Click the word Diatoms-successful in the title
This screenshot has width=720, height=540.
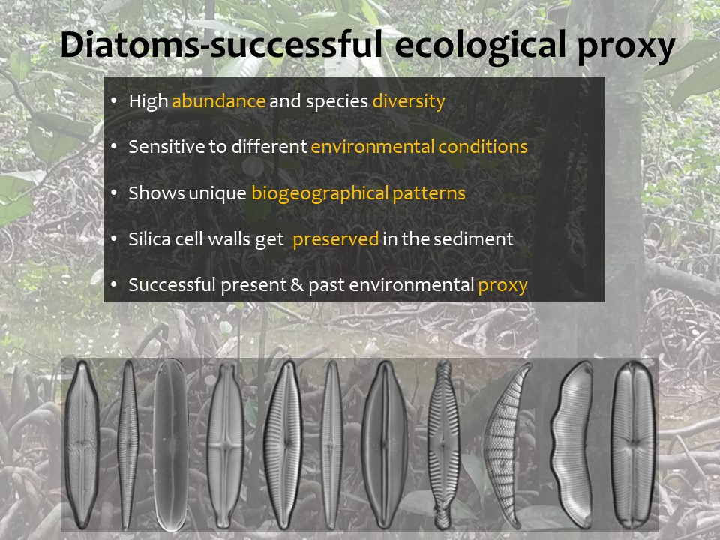221,44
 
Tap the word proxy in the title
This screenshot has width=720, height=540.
625,47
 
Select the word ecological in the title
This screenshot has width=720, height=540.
480,46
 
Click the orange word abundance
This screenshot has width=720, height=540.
218,101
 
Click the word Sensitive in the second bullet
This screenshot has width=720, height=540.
166,147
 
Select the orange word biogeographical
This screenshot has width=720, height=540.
320,193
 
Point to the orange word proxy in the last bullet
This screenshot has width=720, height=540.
502,286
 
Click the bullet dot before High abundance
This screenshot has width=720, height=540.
114,101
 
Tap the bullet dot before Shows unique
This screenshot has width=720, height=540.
114,193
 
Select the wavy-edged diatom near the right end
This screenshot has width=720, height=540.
571,444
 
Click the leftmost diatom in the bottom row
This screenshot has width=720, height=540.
82,444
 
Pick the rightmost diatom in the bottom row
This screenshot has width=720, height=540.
634,444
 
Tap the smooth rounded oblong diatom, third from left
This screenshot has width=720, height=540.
170,445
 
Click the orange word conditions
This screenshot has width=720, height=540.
482,147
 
